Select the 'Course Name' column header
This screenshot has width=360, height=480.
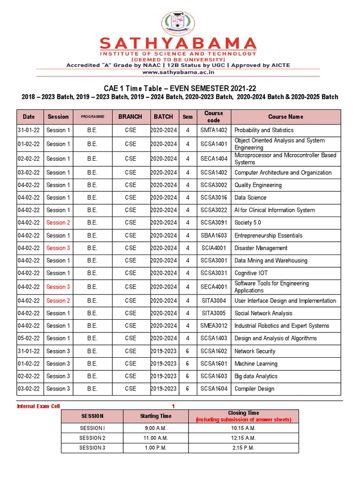pos(285,117)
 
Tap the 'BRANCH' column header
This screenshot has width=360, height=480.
pos(130,117)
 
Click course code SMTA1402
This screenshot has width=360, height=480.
pos(214,130)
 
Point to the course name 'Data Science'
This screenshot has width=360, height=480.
pos(250,198)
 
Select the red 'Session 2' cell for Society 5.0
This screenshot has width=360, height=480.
pos(58,223)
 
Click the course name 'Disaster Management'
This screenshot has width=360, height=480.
pos(261,248)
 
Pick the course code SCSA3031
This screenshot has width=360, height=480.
pos(214,273)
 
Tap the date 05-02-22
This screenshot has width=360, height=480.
pos(29,338)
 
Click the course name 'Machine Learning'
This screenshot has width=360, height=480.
pos(256,364)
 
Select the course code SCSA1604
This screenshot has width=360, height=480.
pos(214,389)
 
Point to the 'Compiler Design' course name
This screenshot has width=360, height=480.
pos(255,389)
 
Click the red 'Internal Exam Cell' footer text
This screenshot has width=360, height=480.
pos(38,406)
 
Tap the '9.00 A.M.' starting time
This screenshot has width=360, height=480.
pos(156,428)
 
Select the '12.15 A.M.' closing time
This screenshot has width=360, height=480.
pos(243,438)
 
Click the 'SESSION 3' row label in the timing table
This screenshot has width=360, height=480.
pos(92,448)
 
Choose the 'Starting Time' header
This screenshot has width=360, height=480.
pos(156,416)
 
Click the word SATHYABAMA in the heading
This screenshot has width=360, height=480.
pos(178,45)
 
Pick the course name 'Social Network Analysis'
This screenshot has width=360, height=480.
pos(263,313)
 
